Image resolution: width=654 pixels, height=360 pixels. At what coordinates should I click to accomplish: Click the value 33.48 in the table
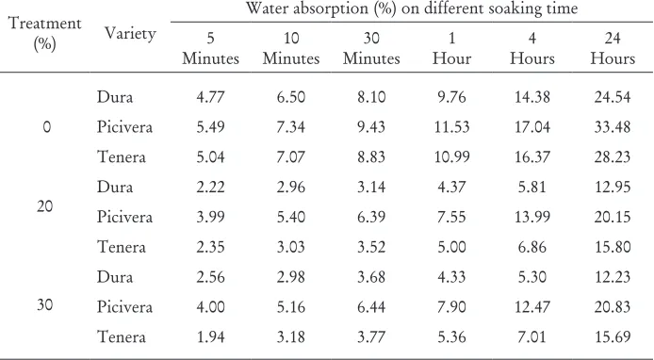613,127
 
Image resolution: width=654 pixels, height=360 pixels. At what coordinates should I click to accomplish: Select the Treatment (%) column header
44,33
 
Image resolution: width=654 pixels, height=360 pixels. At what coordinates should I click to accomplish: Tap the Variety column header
130,33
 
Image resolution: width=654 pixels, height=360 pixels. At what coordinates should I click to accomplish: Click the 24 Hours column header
613,48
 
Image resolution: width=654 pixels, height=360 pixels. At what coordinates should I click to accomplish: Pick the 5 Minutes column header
211,48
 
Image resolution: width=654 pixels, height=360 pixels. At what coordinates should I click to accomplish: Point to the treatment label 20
44,206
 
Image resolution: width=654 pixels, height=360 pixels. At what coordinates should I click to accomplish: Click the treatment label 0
46,127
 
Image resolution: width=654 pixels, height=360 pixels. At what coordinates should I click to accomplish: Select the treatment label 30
44,305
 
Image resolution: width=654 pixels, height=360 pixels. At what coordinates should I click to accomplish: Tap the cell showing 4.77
211,97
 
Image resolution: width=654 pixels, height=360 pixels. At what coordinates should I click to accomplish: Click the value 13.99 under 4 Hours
532,217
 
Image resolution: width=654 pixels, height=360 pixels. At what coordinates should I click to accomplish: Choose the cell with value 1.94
211,337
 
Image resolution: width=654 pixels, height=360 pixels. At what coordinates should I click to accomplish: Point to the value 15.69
613,337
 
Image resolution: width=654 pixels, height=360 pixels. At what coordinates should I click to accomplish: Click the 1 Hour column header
451,48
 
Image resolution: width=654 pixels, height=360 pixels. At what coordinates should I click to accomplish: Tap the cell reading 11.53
451,127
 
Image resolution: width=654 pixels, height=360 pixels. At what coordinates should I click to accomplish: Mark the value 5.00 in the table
451,247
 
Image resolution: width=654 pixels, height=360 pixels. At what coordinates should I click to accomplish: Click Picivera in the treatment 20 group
124,217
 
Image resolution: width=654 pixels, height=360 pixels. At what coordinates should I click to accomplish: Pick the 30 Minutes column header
371,48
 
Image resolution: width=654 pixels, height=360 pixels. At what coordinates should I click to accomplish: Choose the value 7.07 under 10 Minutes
291,156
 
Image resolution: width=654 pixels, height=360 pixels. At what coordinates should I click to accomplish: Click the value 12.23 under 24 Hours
613,277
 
